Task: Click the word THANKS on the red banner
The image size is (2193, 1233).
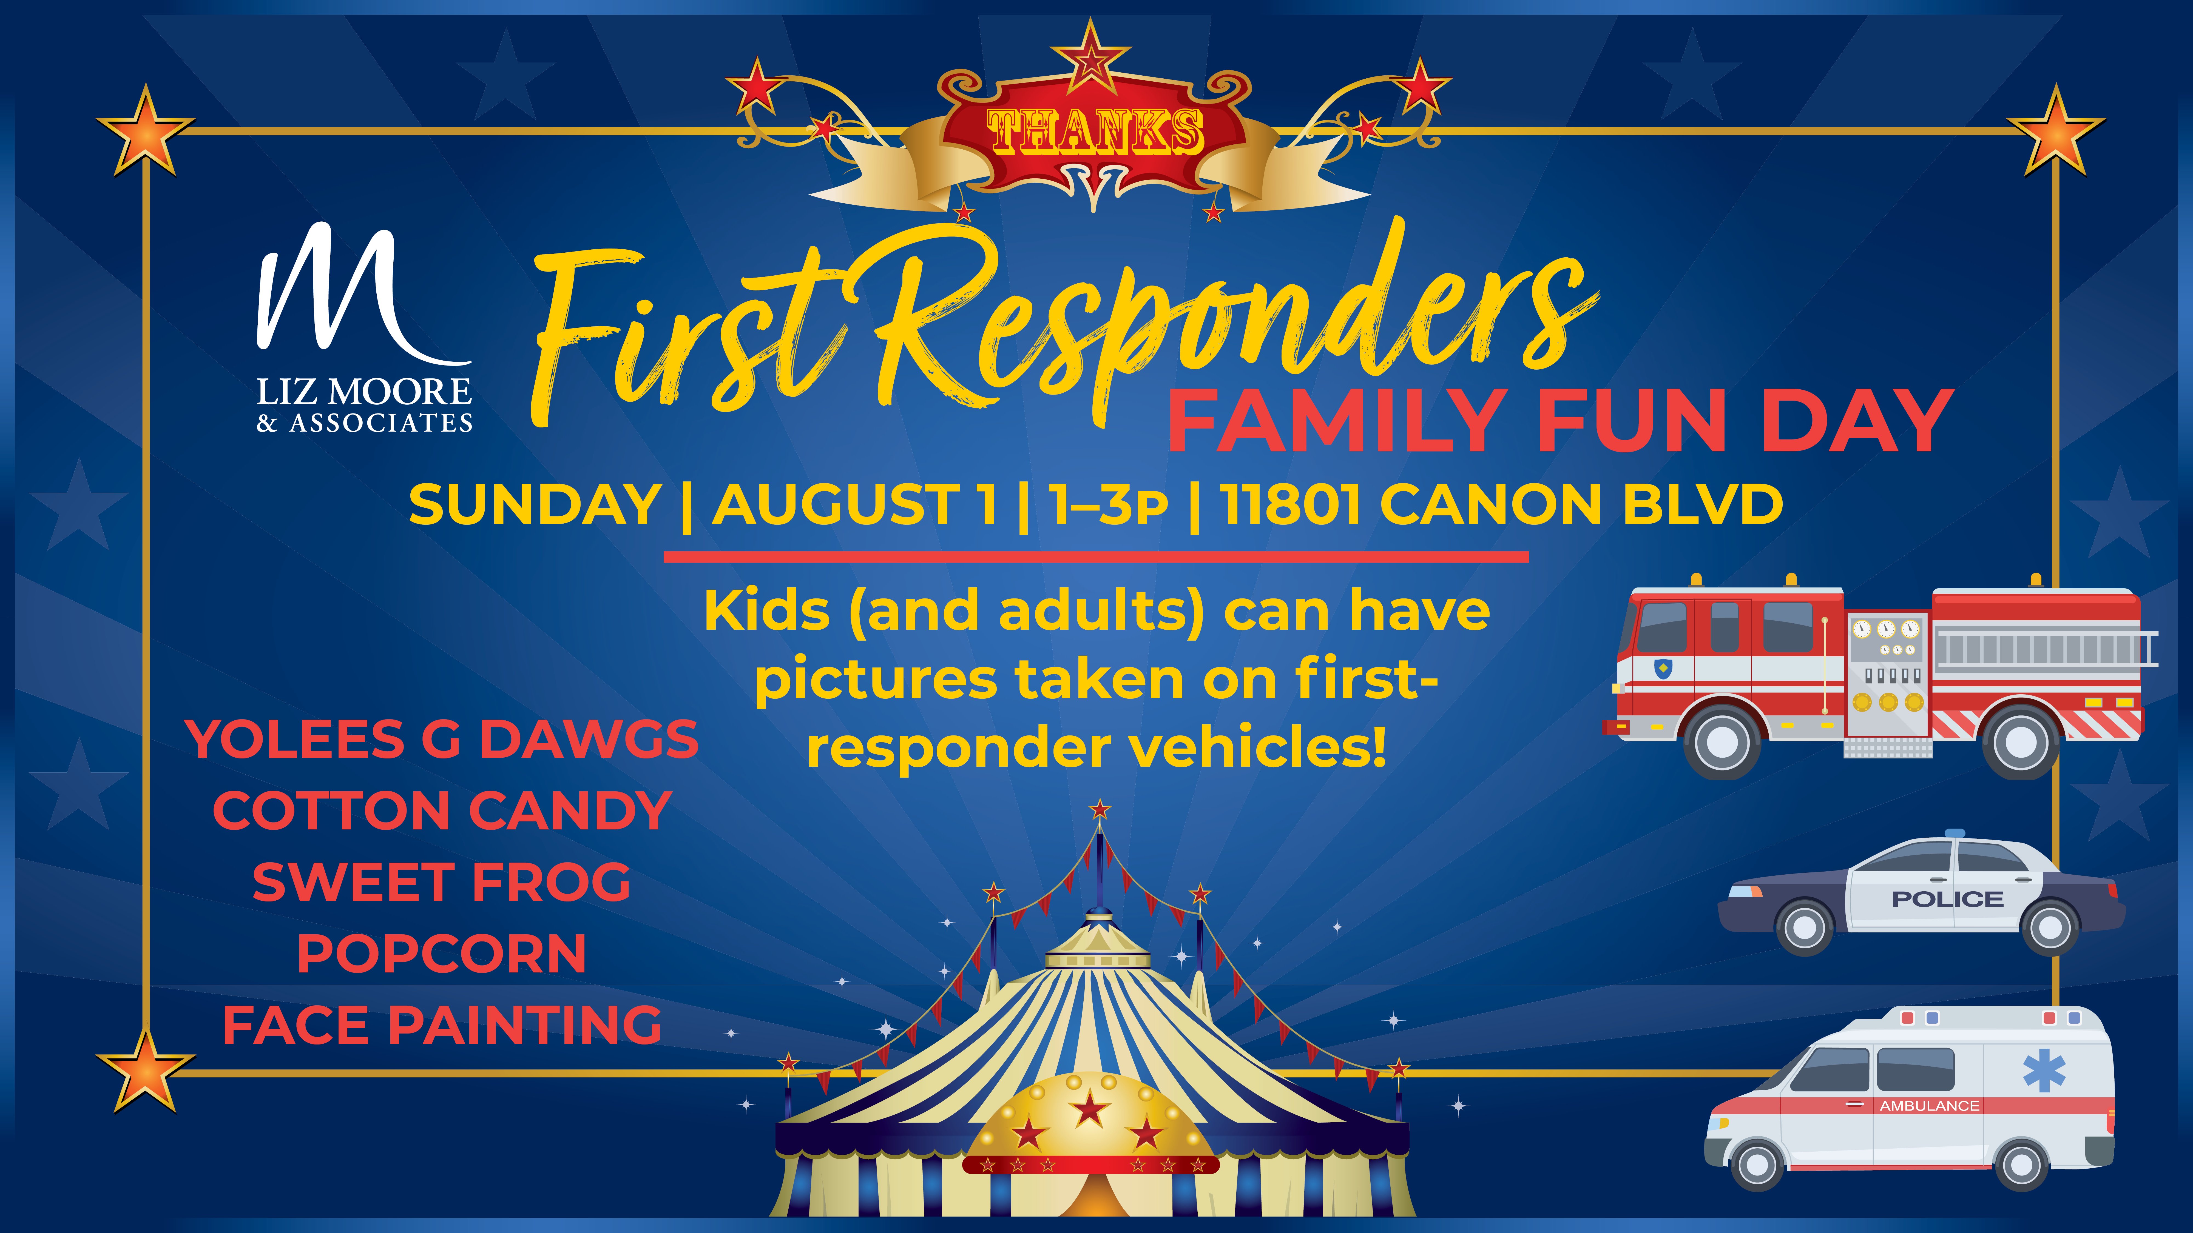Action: click(1095, 132)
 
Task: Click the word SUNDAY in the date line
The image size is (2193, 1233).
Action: click(535, 505)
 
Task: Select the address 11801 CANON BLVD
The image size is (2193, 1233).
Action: click(1501, 505)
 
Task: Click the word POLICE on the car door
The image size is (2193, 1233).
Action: click(1947, 900)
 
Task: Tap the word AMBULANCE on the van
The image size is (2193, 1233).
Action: click(1929, 1106)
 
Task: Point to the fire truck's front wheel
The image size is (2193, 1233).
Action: click(1722, 741)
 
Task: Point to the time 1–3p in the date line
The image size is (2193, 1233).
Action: click(1107, 505)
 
